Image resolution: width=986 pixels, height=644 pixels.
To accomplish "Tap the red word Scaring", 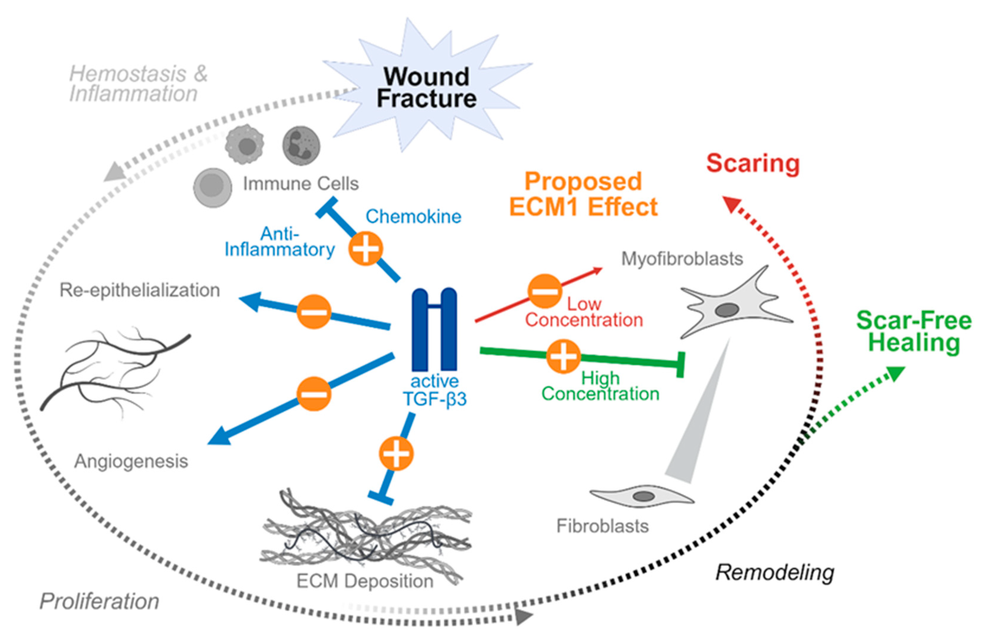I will [x=753, y=163].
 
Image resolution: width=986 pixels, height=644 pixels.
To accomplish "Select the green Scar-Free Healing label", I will [x=913, y=332].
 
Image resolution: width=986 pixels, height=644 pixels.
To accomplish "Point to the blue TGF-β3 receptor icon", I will [x=434, y=330].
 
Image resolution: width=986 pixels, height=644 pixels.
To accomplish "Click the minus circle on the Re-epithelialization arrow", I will [x=314, y=312].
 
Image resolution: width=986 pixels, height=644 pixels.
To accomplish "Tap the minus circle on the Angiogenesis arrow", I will [x=314, y=394].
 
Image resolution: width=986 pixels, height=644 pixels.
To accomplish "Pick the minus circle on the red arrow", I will [x=544, y=291].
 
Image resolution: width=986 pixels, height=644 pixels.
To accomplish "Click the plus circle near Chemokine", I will [x=365, y=248].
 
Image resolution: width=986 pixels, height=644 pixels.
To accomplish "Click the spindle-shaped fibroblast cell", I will [x=642, y=496].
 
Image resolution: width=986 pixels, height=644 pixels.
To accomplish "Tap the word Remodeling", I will [x=775, y=572].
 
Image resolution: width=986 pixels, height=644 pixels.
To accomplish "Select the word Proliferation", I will [x=100, y=601].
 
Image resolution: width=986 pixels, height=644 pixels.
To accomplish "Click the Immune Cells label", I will [x=301, y=183].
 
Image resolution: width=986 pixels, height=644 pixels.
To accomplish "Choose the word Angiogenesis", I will [x=131, y=461].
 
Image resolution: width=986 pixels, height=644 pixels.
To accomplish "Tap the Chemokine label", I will [x=413, y=216].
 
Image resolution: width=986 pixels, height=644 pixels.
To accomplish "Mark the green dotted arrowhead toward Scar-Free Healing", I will [x=895, y=373].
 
